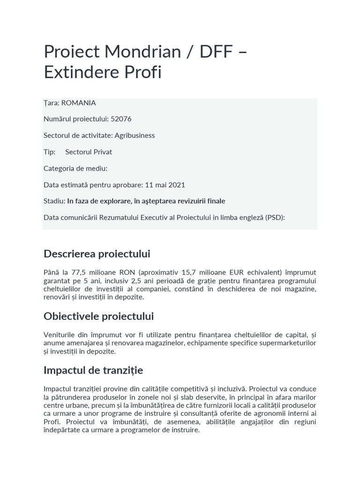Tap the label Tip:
pyautogui.click(x=49, y=152)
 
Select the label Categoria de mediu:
pyautogui.click(x=75, y=168)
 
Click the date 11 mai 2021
pyautogui.click(x=162, y=185)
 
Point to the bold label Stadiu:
pyautogui.click(x=54, y=201)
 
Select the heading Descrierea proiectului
pyautogui.click(x=97, y=254)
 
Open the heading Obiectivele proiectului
pyautogui.click(x=98, y=316)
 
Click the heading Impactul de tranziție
pyautogui.click(x=93, y=370)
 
